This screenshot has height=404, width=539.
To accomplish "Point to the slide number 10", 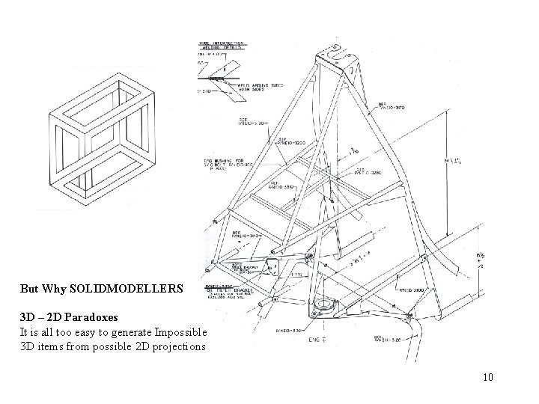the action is tap(488, 377).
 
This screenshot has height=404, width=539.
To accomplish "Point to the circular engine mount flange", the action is tap(325, 304).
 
